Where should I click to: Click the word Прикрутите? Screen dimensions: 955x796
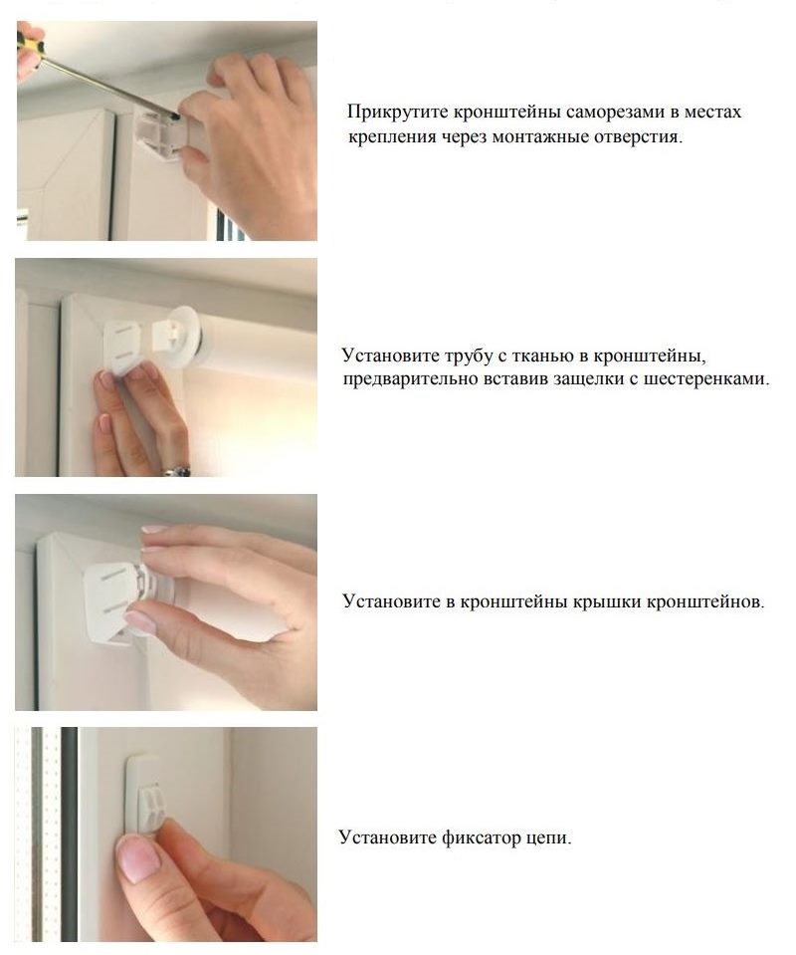[391, 112]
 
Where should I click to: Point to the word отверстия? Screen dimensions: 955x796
[641, 137]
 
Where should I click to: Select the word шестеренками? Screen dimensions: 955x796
[711, 379]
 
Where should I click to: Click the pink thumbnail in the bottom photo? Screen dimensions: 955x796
[137, 858]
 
